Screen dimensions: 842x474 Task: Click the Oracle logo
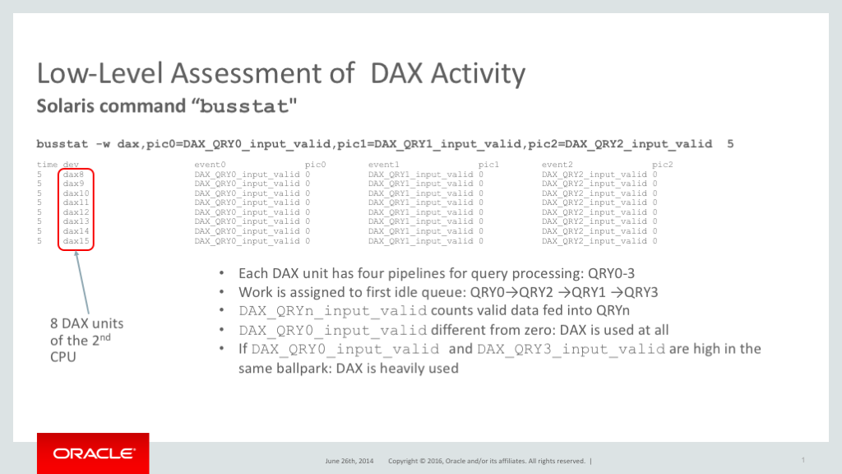(x=93, y=453)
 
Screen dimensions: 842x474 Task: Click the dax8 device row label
(x=73, y=174)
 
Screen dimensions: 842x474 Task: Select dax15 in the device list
(x=76, y=241)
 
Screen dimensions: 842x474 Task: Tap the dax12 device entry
(x=76, y=212)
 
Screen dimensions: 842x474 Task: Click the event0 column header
(x=210, y=165)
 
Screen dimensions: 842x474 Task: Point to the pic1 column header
(x=488, y=165)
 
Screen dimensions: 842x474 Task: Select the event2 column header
(x=557, y=165)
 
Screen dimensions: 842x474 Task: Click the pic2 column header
(x=663, y=165)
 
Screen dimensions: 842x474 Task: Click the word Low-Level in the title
(x=99, y=73)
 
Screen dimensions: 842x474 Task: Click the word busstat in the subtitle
(x=244, y=106)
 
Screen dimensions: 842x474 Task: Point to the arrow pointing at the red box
(x=82, y=283)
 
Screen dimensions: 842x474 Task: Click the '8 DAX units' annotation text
(x=87, y=323)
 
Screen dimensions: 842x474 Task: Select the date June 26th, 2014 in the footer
(x=349, y=461)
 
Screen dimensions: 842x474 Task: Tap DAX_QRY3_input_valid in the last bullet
(x=571, y=349)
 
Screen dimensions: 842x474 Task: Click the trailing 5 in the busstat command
(x=730, y=144)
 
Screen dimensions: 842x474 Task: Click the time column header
(x=47, y=165)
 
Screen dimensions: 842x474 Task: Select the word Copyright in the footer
(x=403, y=461)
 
